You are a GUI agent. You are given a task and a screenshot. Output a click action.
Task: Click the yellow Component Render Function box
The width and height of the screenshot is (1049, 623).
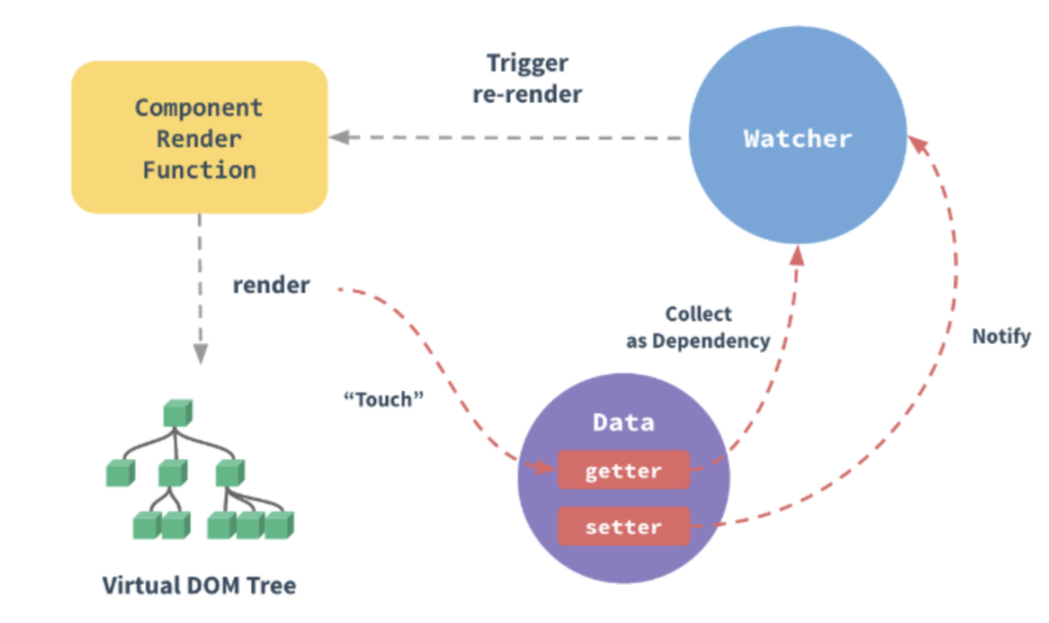199,138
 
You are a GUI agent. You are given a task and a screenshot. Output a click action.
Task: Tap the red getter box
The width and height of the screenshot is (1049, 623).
623,471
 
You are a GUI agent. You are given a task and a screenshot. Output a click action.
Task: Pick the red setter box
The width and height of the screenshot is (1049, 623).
623,527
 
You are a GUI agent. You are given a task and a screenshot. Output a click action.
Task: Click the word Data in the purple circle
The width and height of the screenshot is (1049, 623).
623,423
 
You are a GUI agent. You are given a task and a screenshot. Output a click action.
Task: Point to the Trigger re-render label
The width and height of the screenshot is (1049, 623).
527,78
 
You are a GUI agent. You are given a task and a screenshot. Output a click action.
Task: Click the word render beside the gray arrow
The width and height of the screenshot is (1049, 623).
271,286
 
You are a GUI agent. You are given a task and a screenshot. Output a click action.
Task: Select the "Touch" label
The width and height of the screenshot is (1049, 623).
382,399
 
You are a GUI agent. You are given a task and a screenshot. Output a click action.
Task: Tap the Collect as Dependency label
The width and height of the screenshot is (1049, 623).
698,327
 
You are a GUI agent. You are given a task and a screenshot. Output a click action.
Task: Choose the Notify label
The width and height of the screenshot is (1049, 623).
1001,336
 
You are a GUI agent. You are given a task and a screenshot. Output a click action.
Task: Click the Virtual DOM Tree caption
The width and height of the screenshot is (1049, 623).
199,585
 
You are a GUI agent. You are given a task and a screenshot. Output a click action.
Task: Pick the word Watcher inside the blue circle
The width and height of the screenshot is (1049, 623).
797,139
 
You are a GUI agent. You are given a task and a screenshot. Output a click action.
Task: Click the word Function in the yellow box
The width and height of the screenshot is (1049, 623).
199,170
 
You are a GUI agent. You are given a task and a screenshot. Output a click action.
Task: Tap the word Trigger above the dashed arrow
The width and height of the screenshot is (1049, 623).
527,63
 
